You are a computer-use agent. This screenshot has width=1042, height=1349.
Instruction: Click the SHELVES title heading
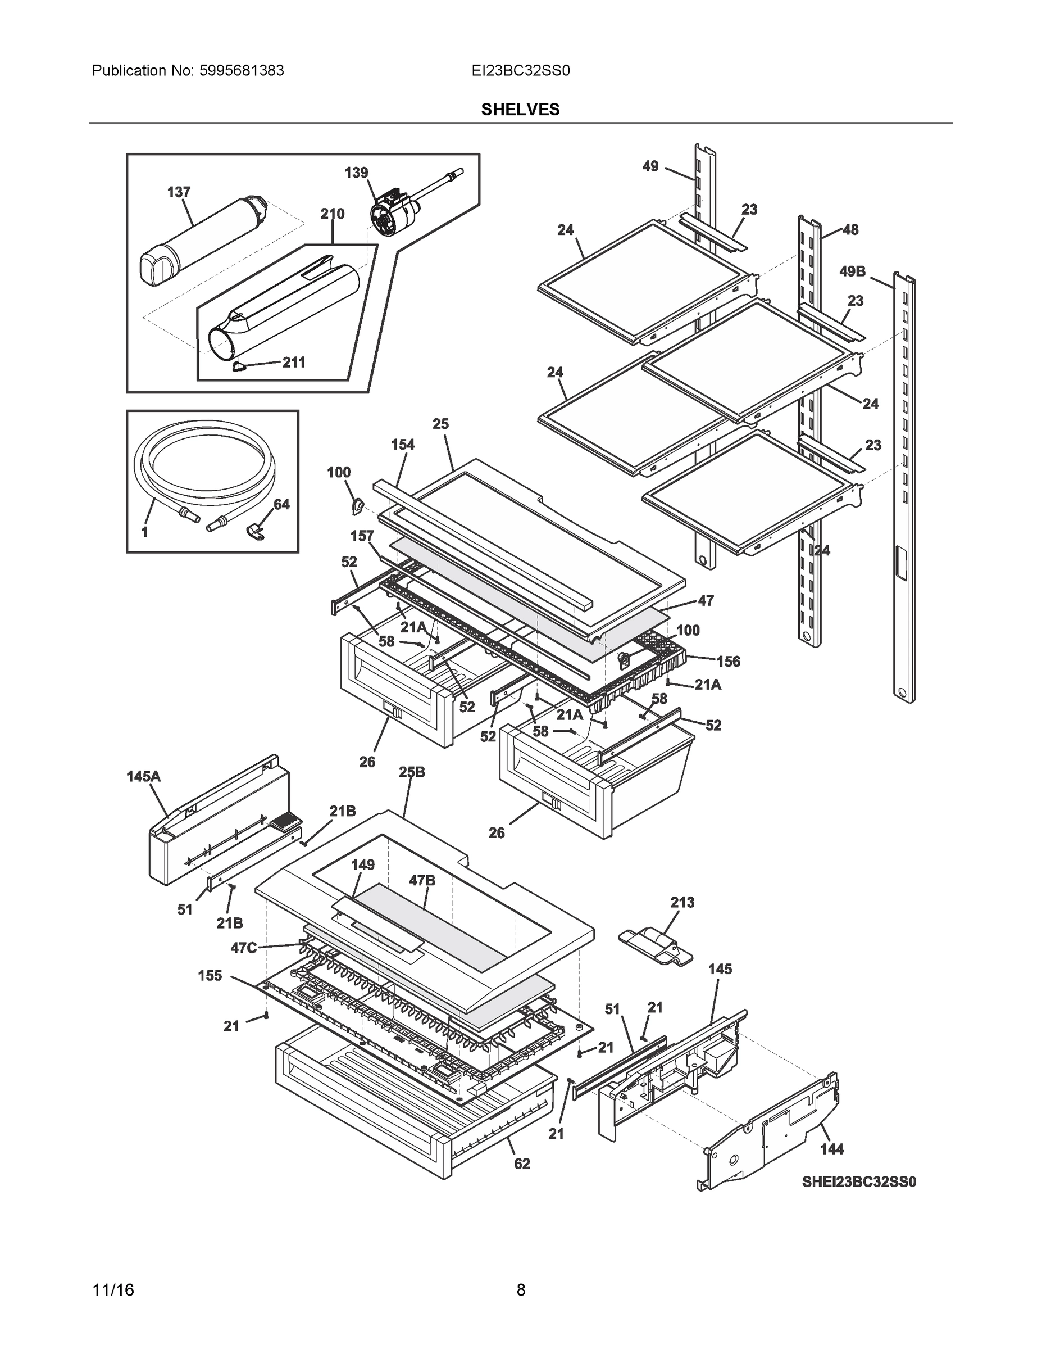[520, 110]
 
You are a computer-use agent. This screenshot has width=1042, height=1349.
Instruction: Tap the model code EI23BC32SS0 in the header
[520, 70]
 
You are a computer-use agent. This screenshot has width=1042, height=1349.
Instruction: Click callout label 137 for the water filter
[179, 192]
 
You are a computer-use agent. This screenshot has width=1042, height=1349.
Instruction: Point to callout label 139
[356, 173]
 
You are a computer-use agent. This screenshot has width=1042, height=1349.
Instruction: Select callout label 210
[332, 214]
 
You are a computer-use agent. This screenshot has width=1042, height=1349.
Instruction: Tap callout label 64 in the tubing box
[281, 505]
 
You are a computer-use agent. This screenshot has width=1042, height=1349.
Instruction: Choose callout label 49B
[852, 271]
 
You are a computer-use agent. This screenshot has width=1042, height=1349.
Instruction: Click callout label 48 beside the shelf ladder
[850, 230]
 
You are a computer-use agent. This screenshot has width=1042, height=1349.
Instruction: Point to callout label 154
[403, 444]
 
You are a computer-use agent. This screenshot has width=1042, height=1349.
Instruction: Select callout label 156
[728, 662]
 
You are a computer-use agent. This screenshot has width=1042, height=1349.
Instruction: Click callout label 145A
[143, 776]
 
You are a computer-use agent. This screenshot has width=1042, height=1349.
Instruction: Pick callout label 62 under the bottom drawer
[522, 1164]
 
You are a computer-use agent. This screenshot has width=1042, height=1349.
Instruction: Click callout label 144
[831, 1149]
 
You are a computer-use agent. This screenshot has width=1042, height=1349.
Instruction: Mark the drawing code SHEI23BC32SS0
[859, 1182]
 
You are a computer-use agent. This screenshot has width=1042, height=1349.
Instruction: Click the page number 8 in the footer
[520, 1290]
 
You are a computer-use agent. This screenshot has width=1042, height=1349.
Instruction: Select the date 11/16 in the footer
[113, 1290]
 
